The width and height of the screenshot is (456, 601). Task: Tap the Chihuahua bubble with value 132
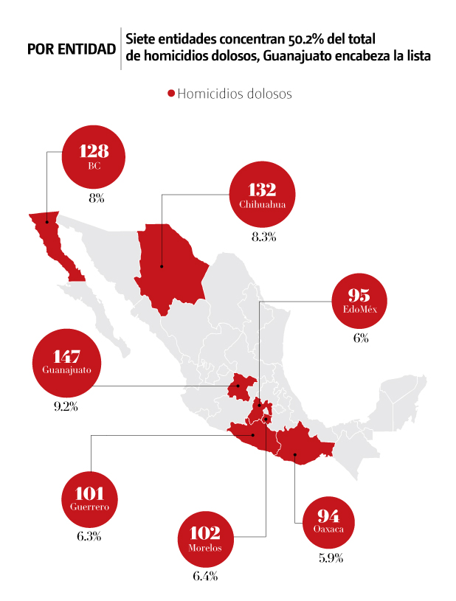pos(262,193)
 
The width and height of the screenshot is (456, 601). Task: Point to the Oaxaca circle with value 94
pos(327,520)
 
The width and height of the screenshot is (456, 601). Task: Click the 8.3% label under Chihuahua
pos(263,237)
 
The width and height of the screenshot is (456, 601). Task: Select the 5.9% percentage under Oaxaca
pos(330,558)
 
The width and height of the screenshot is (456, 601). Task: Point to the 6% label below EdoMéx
pos(360,338)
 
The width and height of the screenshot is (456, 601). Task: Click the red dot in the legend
pos(171,94)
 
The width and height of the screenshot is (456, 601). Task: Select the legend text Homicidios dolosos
pos(235,94)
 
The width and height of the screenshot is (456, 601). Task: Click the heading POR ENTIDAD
pos(71,49)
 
